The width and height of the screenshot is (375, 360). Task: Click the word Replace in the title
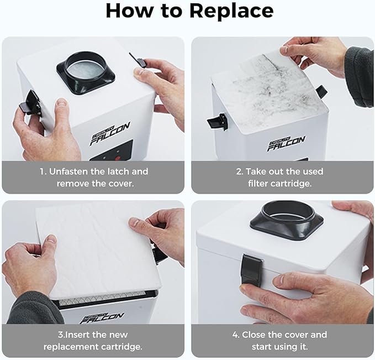click(231, 11)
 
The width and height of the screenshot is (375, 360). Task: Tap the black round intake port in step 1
click(86, 73)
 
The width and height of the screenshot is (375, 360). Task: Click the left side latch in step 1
click(30, 102)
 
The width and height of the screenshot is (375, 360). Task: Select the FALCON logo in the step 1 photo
click(110, 133)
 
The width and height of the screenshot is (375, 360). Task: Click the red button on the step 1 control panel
click(118, 158)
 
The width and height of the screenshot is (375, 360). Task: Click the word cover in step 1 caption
click(121, 184)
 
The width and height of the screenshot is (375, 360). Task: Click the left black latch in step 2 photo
click(217, 122)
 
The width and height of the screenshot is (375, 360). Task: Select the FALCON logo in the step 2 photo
click(286, 143)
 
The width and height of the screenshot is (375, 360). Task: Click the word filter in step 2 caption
click(259, 184)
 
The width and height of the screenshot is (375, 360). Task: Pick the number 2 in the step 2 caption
click(239, 171)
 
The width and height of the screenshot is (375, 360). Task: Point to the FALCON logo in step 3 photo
click(102, 318)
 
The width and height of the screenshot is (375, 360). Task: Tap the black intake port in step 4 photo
click(287, 220)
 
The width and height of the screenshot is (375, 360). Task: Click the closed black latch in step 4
click(252, 270)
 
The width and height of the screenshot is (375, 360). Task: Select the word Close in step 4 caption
click(253, 335)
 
